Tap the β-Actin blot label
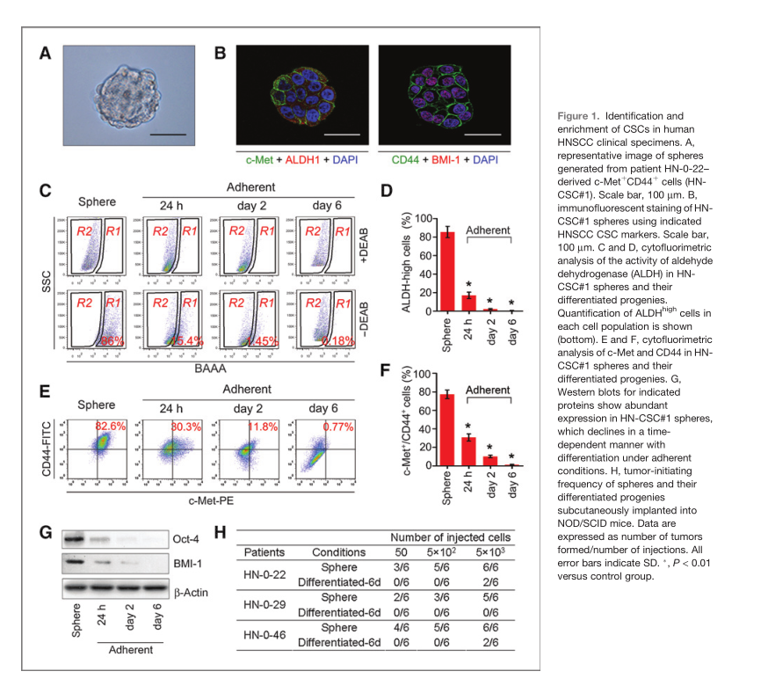(x=187, y=592)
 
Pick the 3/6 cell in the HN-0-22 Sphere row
(x=399, y=568)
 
